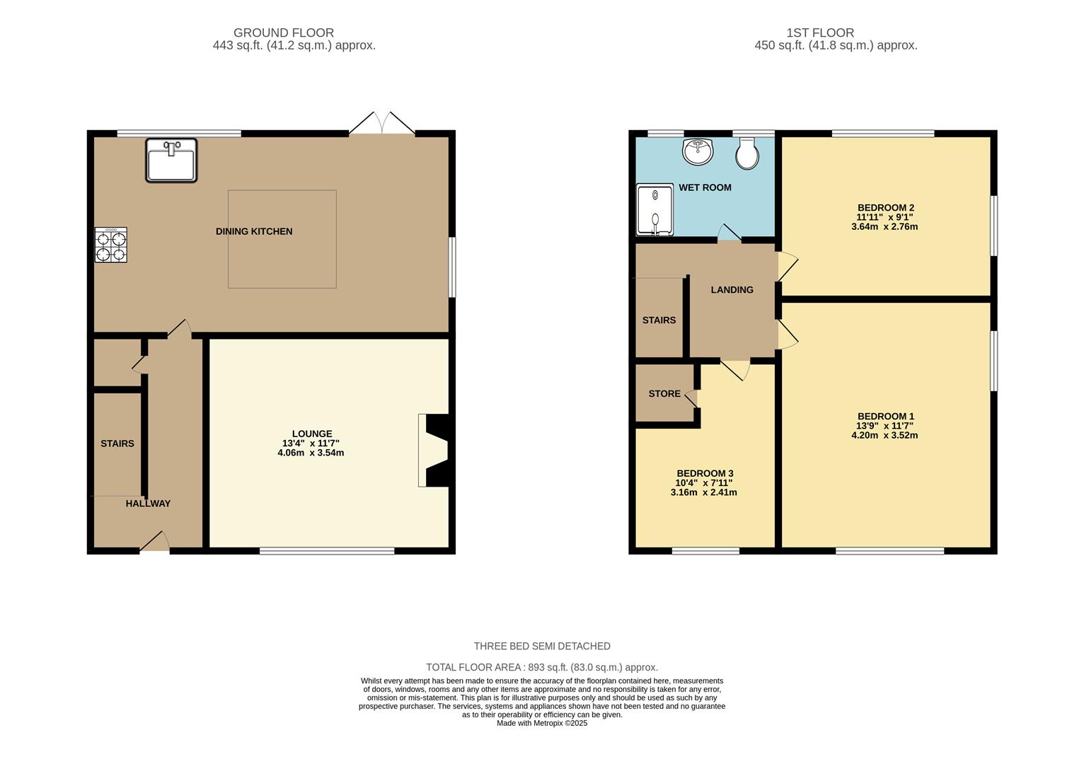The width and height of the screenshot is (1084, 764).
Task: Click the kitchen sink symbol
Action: [171, 161]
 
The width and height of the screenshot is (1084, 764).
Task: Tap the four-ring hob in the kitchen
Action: [111, 245]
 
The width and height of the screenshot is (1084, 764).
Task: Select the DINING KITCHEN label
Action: [254, 231]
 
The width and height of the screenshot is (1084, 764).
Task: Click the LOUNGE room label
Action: [312, 434]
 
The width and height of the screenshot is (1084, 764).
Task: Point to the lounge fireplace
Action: [434, 450]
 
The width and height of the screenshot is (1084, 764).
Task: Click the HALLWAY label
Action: [148, 504]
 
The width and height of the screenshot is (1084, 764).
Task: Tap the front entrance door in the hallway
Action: [155, 543]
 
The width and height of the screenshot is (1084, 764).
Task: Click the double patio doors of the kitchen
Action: [381, 124]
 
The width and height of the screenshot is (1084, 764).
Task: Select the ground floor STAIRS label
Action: [117, 444]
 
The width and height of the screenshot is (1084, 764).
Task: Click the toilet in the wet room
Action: [747, 153]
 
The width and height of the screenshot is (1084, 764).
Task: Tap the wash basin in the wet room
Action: [698, 151]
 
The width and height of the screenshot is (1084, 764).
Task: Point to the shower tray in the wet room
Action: [655, 209]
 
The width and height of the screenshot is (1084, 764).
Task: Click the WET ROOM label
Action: [705, 187]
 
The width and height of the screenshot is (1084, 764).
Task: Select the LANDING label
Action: [732, 289]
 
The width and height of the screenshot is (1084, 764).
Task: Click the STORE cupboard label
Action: [664, 393]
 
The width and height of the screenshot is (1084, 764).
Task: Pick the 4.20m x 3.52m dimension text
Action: [884, 436]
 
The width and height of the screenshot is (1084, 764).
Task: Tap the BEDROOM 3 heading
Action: [705, 473]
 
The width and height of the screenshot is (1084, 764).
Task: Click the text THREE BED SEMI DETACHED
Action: [542, 646]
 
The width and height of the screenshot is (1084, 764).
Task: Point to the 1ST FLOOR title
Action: [820, 33]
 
